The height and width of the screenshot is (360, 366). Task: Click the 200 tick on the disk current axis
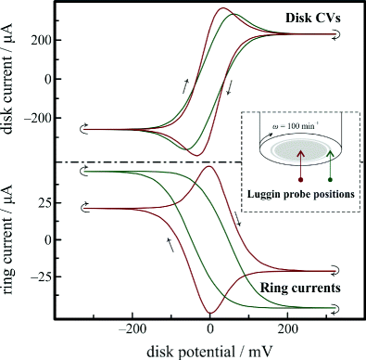[x=38, y=40]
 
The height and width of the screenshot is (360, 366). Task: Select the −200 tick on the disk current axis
[x=35, y=118]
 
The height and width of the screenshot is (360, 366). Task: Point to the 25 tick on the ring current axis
[x=42, y=203]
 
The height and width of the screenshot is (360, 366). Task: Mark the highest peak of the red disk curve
[x=222, y=9]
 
